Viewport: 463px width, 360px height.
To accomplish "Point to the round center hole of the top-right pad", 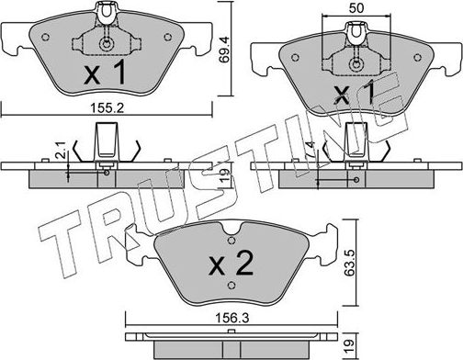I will pyautogui.click(x=354, y=65).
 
